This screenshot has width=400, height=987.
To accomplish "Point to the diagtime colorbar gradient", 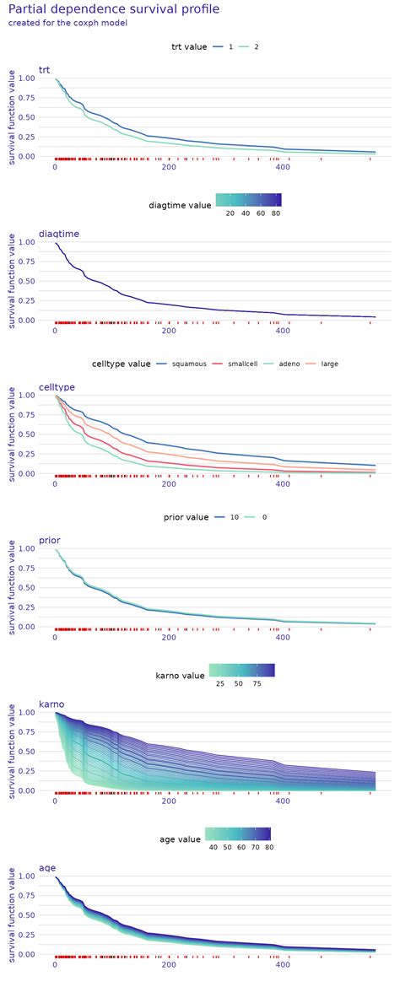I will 248,200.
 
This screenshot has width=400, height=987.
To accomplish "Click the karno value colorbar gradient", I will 241,670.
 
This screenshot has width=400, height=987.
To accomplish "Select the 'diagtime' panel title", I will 59,234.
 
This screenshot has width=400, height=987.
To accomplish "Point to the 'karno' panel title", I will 51,704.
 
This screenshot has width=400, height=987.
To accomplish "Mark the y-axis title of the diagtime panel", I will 11,281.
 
